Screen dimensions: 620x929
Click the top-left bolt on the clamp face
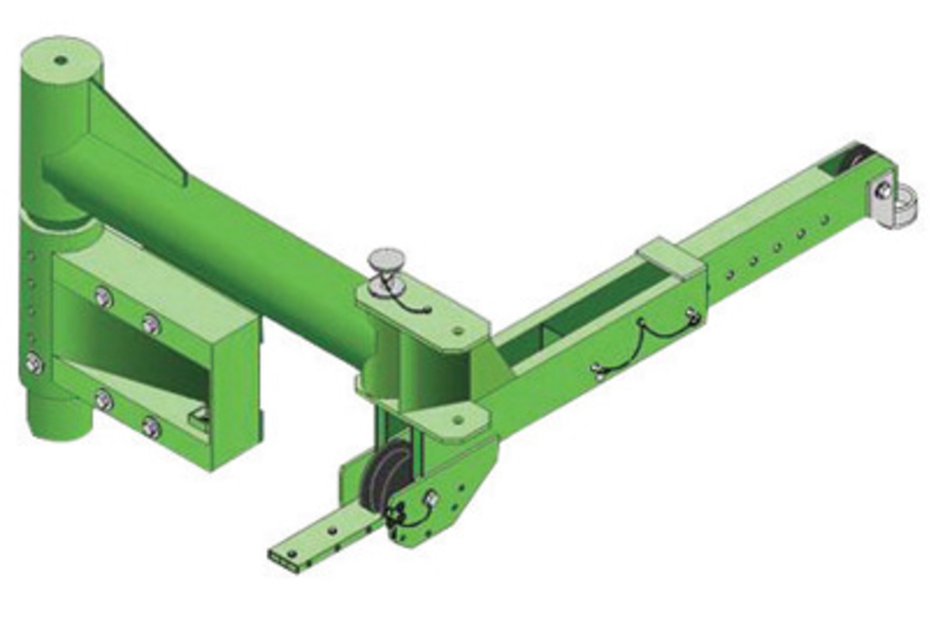click(x=103, y=296)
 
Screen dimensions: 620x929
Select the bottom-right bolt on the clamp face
click(x=152, y=427)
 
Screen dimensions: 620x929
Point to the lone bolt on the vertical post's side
click(x=34, y=361)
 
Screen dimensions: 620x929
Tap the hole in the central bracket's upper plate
click(x=458, y=331)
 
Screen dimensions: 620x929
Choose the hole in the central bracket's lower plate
click(x=458, y=420)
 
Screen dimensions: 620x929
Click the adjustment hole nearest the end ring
click(x=825, y=220)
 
